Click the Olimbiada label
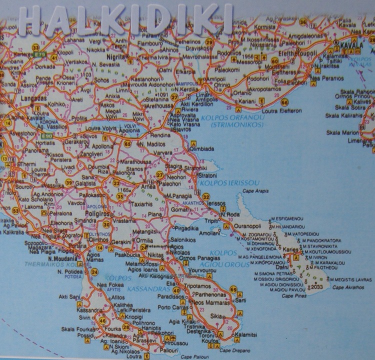click(202, 148)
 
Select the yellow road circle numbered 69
click(233, 289)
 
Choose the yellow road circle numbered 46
click(103, 320)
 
